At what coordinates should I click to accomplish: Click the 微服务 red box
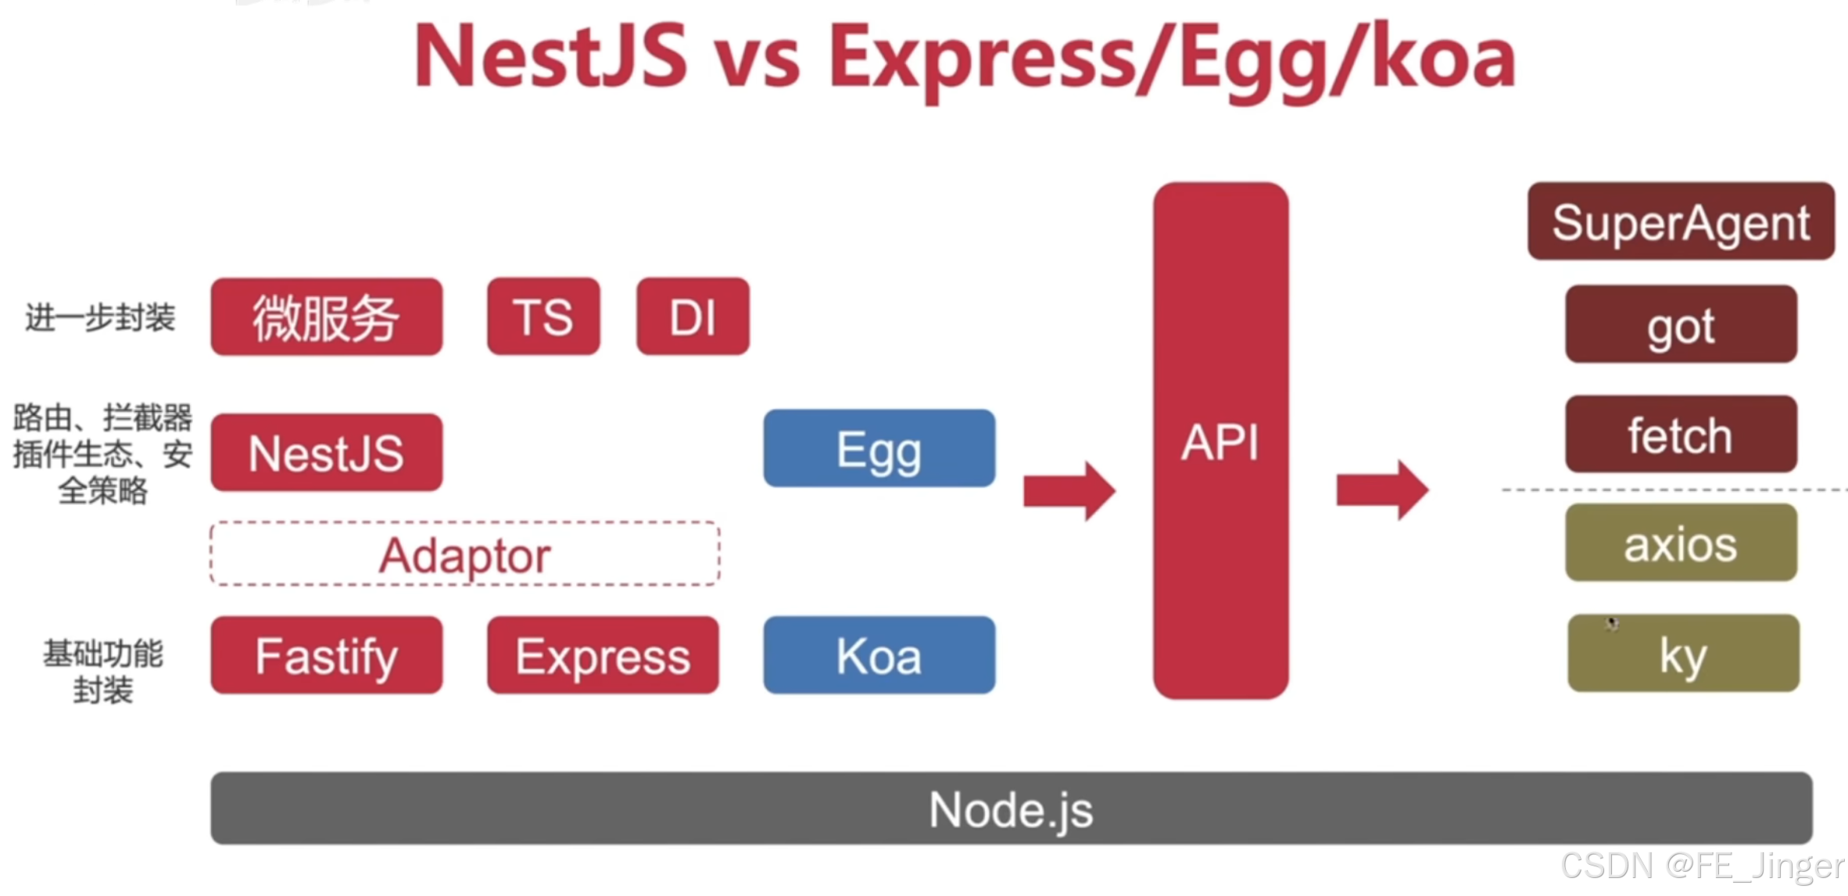326,317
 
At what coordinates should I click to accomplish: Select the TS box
543,317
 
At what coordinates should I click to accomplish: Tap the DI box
693,317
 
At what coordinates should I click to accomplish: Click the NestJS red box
326,453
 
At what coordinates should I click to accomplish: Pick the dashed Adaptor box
465,554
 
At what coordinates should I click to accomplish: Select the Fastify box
326,655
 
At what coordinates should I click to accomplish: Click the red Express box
603,655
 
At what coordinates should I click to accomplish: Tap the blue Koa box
879,655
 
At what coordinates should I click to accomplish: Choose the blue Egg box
879,449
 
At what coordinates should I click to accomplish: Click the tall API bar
1220,441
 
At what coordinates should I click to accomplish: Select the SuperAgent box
1681,221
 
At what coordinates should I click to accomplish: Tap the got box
1681,324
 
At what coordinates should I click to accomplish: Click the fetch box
1681,434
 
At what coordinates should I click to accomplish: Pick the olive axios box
1681,543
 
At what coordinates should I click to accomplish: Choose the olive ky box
1683,654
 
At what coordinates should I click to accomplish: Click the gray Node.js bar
1011,808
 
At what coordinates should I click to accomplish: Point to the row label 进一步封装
100,317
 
